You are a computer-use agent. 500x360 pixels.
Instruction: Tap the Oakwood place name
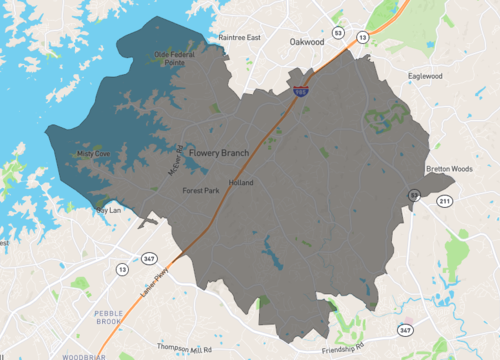[307, 43]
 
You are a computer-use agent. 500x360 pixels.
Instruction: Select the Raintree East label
[239, 37]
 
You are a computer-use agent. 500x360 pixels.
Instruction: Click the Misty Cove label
[93, 154]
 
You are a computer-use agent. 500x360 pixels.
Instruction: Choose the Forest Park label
[200, 190]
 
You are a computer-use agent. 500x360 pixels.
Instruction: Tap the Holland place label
[241, 183]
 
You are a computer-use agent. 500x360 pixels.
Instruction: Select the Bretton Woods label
[449, 169]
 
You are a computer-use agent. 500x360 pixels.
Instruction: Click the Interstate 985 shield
[300, 89]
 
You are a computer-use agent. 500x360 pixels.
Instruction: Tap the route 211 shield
[443, 201]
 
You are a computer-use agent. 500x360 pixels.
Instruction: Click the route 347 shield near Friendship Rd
[405, 329]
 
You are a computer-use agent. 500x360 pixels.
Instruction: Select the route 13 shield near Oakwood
[362, 37]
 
